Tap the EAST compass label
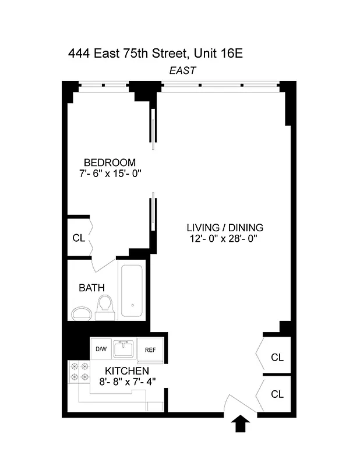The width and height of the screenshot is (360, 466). (x=182, y=70)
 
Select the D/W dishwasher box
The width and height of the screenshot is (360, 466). (x=101, y=349)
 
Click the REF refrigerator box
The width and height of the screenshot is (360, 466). (x=150, y=350)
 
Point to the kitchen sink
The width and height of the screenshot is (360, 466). (x=123, y=349)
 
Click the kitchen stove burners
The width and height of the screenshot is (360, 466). (x=79, y=372)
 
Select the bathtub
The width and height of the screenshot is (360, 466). (x=133, y=291)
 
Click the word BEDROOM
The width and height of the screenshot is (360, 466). (x=110, y=163)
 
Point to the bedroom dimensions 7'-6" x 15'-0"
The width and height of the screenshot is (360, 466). (x=110, y=173)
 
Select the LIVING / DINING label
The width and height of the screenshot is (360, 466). (x=225, y=227)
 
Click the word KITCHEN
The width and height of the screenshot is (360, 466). (x=127, y=370)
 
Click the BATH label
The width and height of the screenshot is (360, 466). (x=92, y=287)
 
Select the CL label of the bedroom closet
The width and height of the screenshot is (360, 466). (x=79, y=238)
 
